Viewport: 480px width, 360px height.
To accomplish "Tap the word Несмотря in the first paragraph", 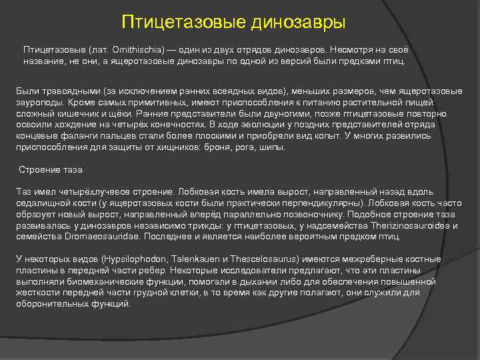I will [x=353, y=50].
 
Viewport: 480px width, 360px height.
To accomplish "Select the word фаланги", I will [x=78, y=135].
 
